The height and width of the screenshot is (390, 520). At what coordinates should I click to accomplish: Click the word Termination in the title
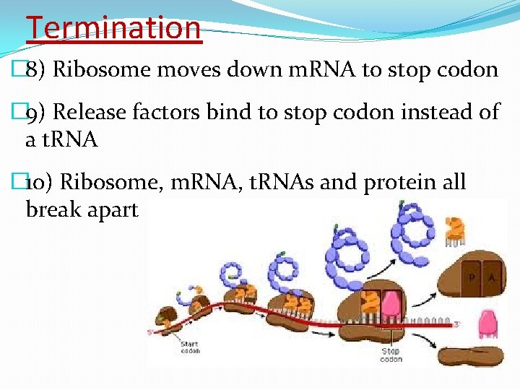113,27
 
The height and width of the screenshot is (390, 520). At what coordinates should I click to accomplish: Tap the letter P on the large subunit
470,277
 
